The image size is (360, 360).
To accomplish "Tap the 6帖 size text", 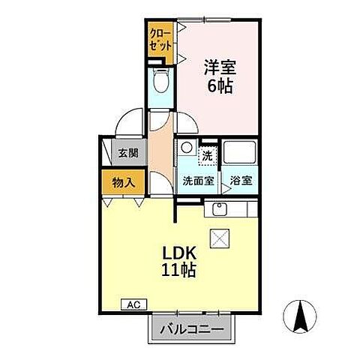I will point(219,85).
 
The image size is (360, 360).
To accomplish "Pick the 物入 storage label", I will point(123,181).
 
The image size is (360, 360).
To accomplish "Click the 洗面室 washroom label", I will point(198,181).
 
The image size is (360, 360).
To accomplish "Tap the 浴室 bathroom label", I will point(241,181).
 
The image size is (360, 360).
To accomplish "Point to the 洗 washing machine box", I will point(208,156).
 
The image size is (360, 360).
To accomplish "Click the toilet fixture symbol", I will point(159,81).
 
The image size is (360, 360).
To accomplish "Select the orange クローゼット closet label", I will point(160,39).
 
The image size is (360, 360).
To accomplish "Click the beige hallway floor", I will point(160,146).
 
